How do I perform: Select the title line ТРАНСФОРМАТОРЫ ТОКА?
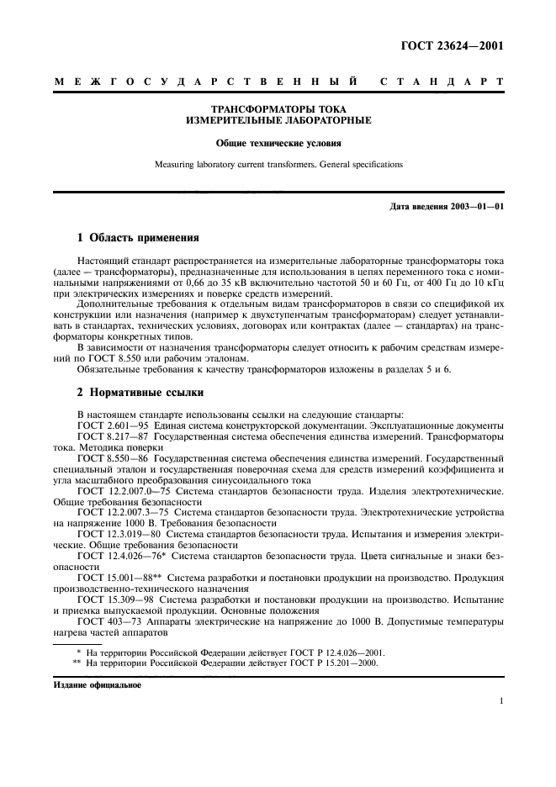pos(278,109)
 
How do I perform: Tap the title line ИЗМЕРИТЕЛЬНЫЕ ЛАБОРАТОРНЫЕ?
pos(278,120)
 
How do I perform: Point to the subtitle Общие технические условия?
pos(278,143)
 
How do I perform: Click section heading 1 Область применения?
pos(138,238)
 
